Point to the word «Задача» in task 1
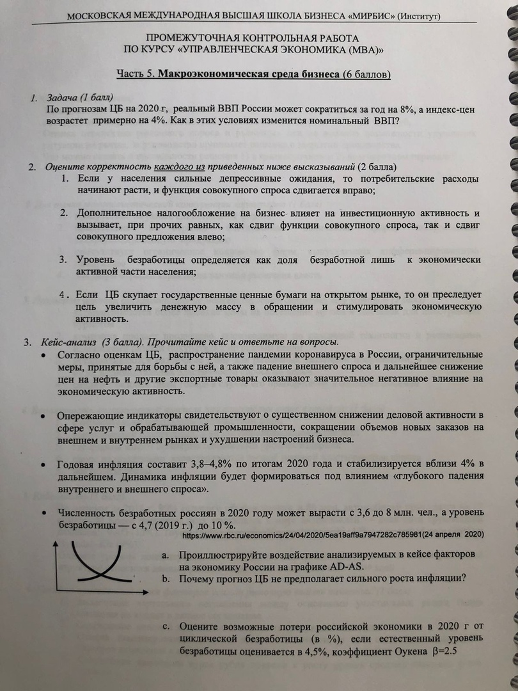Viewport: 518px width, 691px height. click(x=62, y=99)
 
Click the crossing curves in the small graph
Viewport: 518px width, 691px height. click(x=99, y=572)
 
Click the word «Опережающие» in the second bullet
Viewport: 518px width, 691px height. click(x=89, y=416)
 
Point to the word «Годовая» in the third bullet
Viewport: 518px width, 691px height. click(x=76, y=463)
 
